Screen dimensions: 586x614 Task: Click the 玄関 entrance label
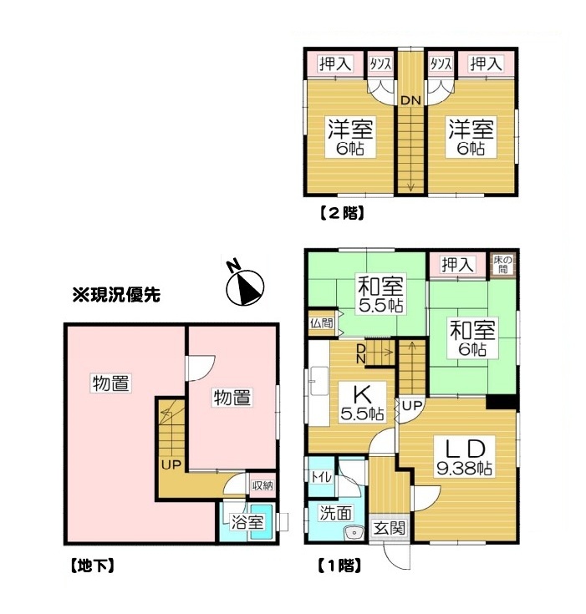click(389, 528)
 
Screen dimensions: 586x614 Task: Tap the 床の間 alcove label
click(502, 265)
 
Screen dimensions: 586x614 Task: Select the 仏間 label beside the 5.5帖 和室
click(321, 323)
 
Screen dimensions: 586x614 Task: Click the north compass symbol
click(244, 285)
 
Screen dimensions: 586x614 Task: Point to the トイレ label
click(321, 477)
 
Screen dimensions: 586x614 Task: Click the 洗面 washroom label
click(335, 513)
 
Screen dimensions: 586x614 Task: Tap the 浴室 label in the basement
click(247, 522)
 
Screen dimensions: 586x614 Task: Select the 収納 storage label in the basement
click(262, 485)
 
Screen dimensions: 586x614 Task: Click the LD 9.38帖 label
click(465, 456)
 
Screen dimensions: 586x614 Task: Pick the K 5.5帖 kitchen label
click(362, 402)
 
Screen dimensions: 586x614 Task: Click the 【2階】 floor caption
click(341, 213)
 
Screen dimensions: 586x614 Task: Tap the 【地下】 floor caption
click(93, 566)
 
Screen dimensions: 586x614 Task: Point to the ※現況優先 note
click(116, 295)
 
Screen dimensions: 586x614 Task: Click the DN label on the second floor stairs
click(410, 100)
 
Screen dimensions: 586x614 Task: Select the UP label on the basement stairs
click(171, 464)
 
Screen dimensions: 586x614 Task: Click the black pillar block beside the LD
click(502, 402)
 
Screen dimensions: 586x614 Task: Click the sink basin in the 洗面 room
click(354, 533)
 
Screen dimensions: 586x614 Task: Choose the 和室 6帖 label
click(472, 338)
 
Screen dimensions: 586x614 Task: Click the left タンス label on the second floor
click(380, 63)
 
